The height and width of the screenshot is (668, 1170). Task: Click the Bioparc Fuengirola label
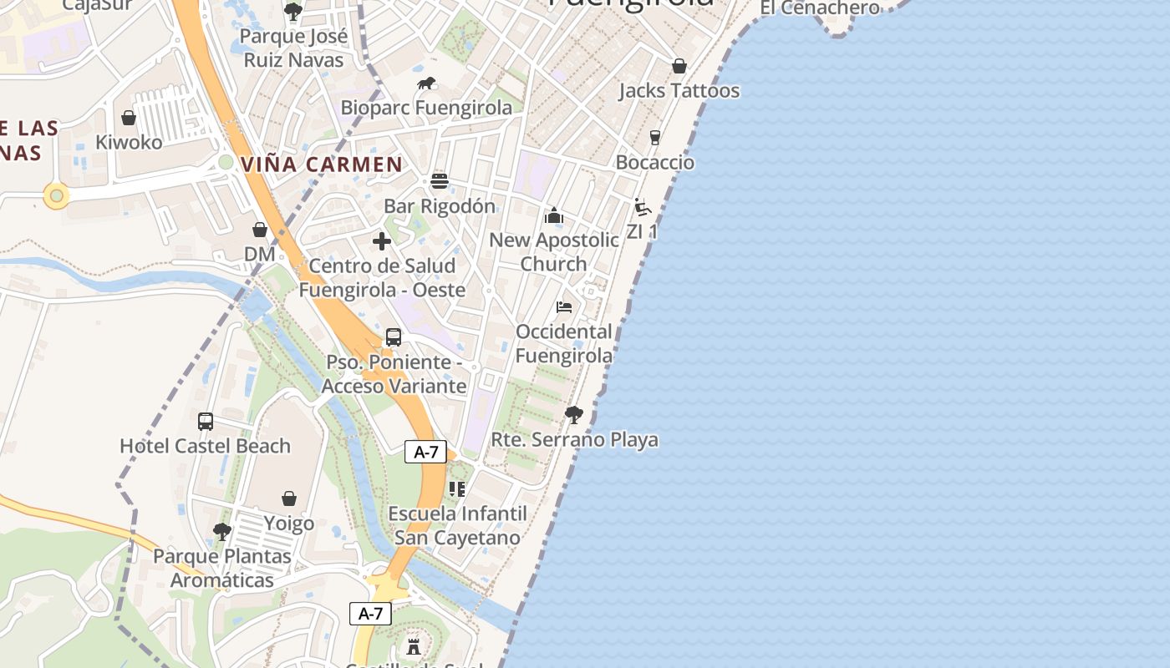(426, 108)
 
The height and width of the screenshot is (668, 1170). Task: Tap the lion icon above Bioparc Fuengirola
(426, 83)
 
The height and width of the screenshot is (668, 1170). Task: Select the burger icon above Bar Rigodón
(440, 181)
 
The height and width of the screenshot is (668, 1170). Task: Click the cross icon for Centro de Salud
(382, 241)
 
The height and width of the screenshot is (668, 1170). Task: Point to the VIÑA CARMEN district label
(322, 164)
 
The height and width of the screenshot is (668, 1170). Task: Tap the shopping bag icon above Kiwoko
(129, 118)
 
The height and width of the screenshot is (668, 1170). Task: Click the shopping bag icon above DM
(260, 230)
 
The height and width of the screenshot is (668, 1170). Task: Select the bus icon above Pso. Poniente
(394, 337)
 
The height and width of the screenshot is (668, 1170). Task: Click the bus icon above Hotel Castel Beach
(206, 422)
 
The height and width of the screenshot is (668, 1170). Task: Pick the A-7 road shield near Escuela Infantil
(426, 453)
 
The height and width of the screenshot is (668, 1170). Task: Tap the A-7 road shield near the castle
(370, 614)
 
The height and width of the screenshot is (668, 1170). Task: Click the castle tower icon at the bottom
(413, 646)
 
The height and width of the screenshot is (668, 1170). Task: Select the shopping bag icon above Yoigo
(289, 498)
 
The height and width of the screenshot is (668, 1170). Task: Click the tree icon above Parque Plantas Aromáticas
(222, 531)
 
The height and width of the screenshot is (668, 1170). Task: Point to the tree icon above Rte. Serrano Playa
(574, 415)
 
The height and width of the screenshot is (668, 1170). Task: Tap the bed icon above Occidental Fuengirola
(564, 307)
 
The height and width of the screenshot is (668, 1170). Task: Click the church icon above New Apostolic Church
(553, 216)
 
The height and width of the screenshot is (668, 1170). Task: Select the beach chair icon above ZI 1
(642, 207)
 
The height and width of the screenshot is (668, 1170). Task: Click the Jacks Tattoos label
(679, 90)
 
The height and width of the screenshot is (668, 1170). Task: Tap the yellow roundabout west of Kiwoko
(57, 197)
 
